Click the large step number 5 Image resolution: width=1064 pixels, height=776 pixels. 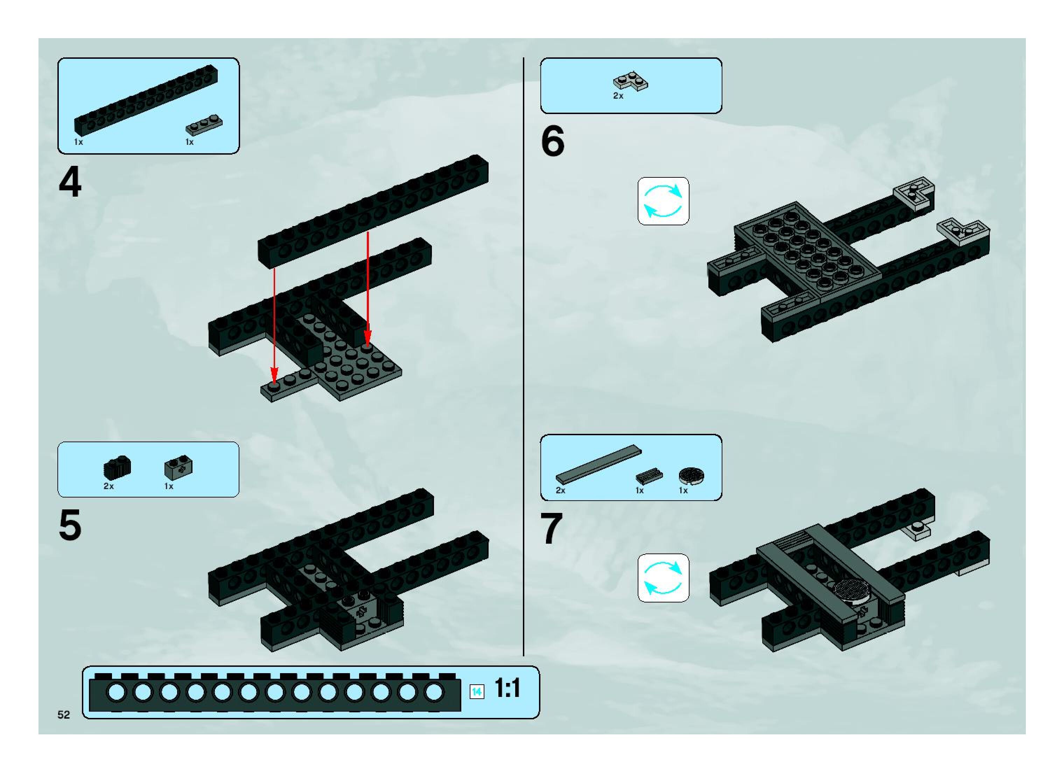coord(70,525)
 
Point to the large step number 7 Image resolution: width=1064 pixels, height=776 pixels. coord(552,529)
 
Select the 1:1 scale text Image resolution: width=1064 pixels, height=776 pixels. coord(507,689)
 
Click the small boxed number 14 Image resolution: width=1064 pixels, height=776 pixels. coord(477,692)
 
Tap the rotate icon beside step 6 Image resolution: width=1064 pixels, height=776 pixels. coord(663,201)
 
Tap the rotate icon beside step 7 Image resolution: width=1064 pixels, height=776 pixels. coord(663,578)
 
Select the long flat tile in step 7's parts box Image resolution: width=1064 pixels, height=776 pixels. coord(598,464)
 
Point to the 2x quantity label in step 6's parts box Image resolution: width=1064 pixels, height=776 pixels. coord(618,96)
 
